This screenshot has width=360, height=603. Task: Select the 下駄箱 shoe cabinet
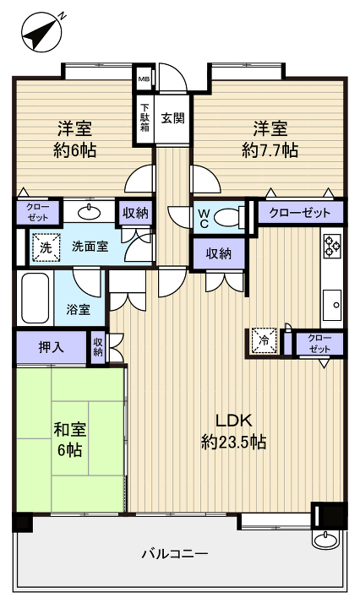pyautogui.click(x=145, y=118)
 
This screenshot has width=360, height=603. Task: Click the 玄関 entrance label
pyautogui.click(x=172, y=118)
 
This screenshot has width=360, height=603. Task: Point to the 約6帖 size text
pyautogui.click(x=74, y=151)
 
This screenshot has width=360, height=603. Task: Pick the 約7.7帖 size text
pyautogui.click(x=270, y=151)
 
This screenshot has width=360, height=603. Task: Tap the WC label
pyautogui.click(x=203, y=217)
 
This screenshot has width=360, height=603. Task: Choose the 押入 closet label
pyautogui.click(x=50, y=345)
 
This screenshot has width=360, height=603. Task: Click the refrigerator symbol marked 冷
pyautogui.click(x=262, y=340)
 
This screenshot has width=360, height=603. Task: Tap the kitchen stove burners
pyautogui.click(x=331, y=246)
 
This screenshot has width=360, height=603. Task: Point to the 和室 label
pyautogui.click(x=70, y=429)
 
